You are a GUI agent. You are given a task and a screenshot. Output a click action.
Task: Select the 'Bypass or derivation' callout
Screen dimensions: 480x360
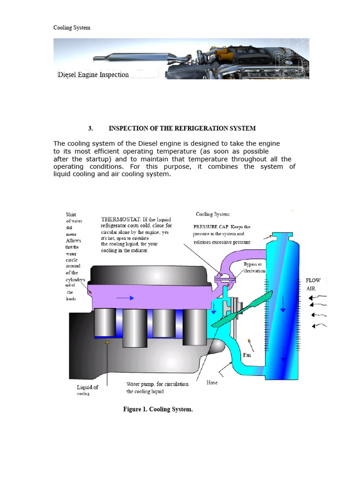tap(255, 268)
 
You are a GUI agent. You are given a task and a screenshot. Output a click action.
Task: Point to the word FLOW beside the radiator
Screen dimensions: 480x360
tap(313, 280)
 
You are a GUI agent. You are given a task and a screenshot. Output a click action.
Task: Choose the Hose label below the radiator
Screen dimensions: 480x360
tap(212, 382)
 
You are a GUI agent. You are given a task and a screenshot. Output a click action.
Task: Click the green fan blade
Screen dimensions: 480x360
tap(241, 310)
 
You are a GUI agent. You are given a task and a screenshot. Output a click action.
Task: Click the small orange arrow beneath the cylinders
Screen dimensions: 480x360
tap(107, 343)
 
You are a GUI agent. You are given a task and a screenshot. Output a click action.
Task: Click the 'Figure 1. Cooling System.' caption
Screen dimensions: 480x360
tap(158, 409)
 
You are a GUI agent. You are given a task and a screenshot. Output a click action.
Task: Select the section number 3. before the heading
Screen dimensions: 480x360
tap(91, 128)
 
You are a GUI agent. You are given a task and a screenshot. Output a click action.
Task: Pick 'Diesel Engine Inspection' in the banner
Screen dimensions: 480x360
tap(93, 75)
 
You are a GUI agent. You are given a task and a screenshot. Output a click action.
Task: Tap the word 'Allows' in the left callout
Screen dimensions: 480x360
tap(73, 240)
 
